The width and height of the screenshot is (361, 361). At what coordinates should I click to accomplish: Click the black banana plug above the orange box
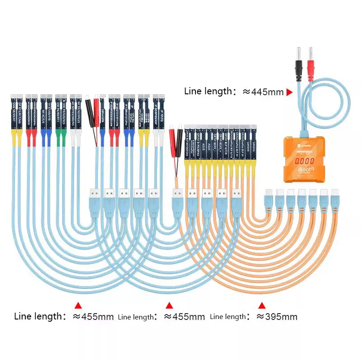(298, 63)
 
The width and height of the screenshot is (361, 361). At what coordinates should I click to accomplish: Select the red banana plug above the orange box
(310, 63)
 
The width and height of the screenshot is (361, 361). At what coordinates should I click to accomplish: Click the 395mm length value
(277, 316)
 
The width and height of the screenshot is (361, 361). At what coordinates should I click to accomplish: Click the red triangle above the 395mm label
(261, 305)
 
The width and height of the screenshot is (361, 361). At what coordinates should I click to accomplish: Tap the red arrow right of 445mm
(290, 92)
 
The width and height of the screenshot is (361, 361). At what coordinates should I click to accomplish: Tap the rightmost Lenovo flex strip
(254, 142)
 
